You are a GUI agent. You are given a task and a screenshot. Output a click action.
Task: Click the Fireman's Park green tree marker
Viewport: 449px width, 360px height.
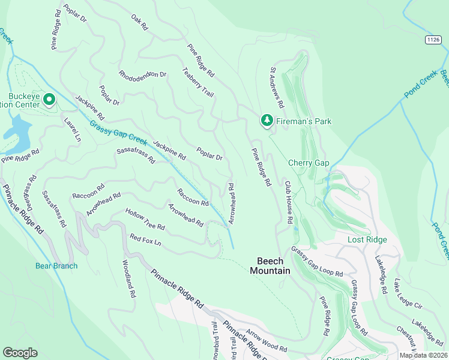267,121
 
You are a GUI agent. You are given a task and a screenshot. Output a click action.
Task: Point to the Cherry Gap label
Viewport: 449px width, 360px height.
309,163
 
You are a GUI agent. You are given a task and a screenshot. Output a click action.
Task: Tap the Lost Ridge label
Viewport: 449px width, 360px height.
367,239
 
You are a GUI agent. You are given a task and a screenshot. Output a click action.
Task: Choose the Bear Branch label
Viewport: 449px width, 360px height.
56,266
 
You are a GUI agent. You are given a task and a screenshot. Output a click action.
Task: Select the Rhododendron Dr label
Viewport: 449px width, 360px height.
142,74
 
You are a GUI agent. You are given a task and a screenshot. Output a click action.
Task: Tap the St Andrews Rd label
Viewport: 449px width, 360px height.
276,88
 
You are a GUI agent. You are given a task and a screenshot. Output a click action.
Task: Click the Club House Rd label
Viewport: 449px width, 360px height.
288,203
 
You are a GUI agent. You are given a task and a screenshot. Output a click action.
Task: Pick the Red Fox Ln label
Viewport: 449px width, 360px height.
146,242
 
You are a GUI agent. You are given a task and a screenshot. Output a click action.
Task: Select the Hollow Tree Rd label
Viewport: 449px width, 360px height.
145,220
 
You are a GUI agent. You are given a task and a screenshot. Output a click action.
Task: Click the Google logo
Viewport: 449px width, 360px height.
20,352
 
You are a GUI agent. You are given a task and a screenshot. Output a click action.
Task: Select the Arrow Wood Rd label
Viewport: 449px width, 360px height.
267,341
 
